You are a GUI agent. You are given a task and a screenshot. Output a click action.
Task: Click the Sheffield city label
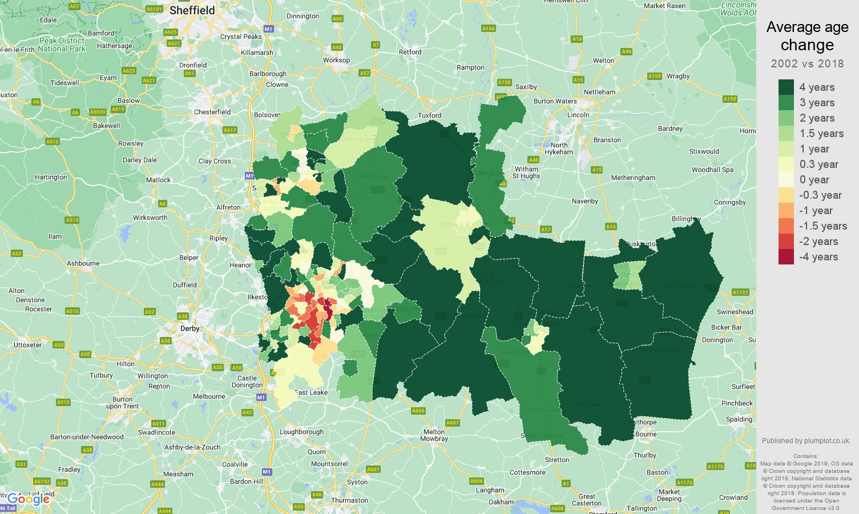(192, 10)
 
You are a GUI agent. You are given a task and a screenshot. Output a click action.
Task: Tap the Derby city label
(189, 328)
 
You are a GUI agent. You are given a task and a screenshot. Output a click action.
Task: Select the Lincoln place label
(578, 115)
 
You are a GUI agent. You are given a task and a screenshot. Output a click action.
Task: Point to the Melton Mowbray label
(434, 435)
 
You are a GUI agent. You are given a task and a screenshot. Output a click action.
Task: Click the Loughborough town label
(301, 432)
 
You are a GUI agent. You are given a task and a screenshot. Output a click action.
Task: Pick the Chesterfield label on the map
(212, 112)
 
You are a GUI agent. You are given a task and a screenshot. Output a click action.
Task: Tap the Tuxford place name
(430, 115)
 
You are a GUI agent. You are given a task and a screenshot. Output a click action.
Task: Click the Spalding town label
(739, 419)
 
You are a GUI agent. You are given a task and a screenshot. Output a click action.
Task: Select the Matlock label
(158, 180)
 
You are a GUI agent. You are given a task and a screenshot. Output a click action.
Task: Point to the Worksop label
(336, 60)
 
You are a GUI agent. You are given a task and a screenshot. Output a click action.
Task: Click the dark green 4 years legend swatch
(786, 87)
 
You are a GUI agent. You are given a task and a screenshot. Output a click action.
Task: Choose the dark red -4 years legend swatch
(786, 257)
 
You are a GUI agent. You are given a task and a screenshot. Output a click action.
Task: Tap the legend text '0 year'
(814, 180)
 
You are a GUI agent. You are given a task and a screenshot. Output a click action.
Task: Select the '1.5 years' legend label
(821, 134)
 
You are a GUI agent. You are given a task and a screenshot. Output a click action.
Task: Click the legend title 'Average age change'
(807, 36)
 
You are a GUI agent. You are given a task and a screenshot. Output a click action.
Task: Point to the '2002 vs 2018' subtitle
(807, 63)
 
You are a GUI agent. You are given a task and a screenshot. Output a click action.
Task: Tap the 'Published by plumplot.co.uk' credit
(806, 440)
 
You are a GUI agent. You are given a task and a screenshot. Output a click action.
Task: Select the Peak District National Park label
(62, 45)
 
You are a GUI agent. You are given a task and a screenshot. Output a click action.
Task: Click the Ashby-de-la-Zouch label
(192, 447)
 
